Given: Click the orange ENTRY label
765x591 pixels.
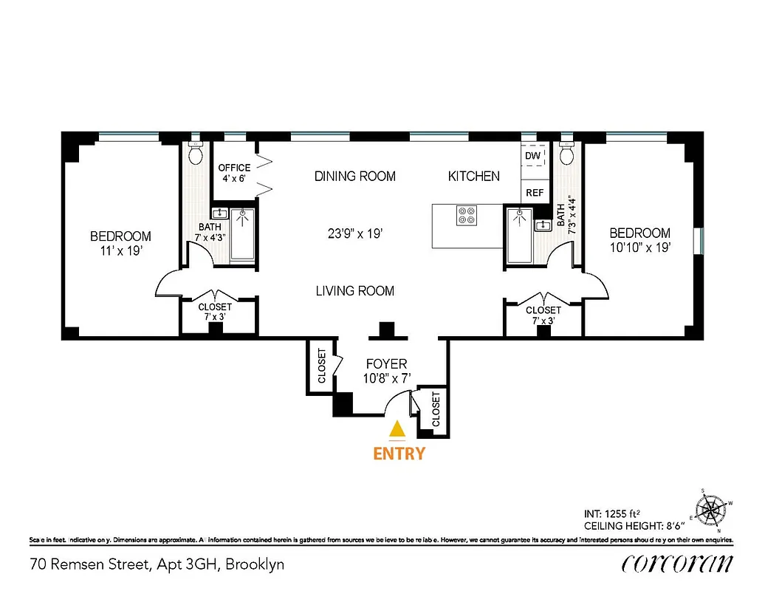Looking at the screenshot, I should click(x=399, y=453).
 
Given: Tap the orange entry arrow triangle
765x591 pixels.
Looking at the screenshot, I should click(x=398, y=428).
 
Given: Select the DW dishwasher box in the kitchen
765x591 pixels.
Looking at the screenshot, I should click(x=534, y=157).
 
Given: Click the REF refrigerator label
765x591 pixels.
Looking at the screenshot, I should click(x=535, y=193).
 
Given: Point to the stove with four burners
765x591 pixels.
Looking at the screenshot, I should click(x=467, y=214).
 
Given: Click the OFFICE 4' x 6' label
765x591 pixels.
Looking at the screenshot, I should click(x=234, y=173).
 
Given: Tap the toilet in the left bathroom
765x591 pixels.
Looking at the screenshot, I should click(x=196, y=154).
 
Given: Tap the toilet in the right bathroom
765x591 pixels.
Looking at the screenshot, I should click(x=567, y=154).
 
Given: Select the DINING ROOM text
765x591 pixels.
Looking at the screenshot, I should click(x=354, y=177).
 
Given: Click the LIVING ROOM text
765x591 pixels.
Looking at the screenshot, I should click(x=354, y=291).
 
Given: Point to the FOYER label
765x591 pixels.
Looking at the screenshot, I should click(x=387, y=364).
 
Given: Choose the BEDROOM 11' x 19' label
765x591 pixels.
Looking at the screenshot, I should click(x=120, y=243).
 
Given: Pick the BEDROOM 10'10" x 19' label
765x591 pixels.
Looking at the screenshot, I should click(x=640, y=240).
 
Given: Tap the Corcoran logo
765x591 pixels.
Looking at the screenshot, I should click(x=677, y=564).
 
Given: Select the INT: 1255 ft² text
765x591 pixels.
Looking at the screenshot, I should click(x=612, y=513).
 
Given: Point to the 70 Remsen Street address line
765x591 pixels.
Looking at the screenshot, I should click(x=157, y=565).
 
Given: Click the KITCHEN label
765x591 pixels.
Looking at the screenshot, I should click(x=474, y=177).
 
